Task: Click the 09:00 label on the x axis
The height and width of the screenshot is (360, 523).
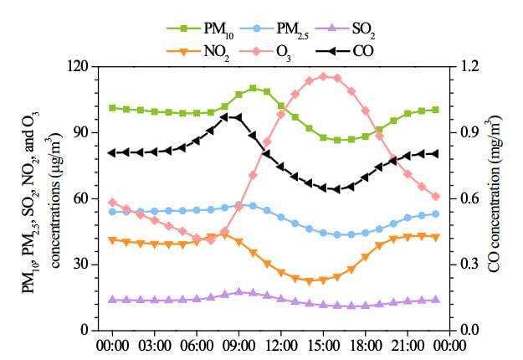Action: (238, 344)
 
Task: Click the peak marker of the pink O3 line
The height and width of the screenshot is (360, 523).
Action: (323, 76)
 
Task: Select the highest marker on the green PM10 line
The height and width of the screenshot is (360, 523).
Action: (253, 88)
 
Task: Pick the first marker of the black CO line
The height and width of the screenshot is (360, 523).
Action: (112, 152)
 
